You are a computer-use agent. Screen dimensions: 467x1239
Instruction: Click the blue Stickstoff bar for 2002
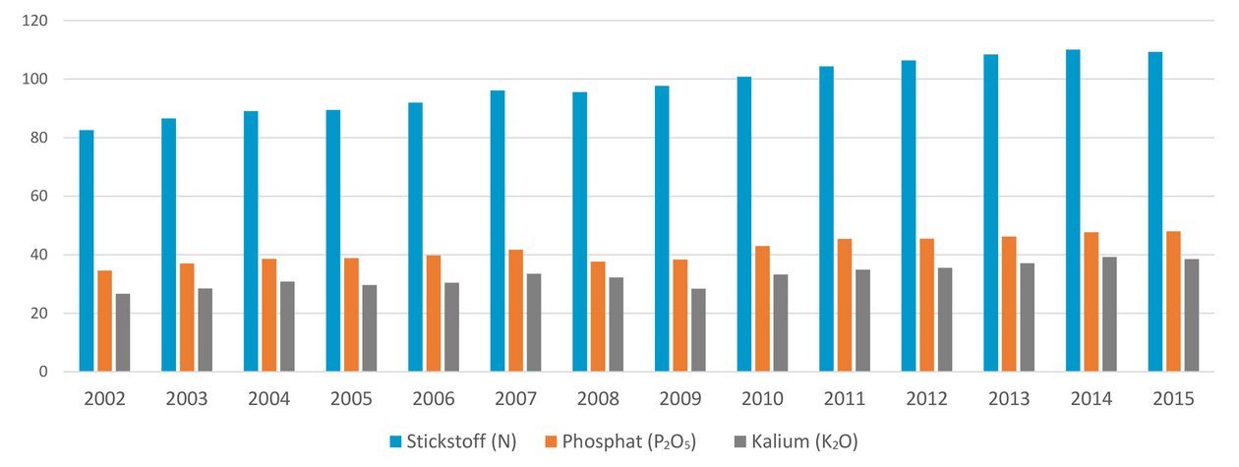pyautogui.click(x=87, y=251)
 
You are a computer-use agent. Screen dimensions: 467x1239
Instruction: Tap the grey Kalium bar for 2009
pyautogui.click(x=697, y=330)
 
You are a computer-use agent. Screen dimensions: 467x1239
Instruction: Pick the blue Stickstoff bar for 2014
pyautogui.click(x=1073, y=210)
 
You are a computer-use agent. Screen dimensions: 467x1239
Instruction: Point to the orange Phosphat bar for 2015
pyautogui.click(x=1173, y=302)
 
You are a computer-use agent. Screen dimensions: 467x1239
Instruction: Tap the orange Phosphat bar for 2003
pyautogui.click(x=187, y=318)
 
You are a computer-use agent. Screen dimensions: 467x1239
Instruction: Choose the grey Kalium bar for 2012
pyautogui.click(x=944, y=320)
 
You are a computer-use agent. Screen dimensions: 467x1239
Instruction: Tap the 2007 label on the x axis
pyautogui.click(x=516, y=400)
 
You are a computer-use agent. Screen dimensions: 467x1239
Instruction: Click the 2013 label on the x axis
pyautogui.click(x=1009, y=400)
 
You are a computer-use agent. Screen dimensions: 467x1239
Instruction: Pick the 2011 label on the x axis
pyautogui.click(x=845, y=400)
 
